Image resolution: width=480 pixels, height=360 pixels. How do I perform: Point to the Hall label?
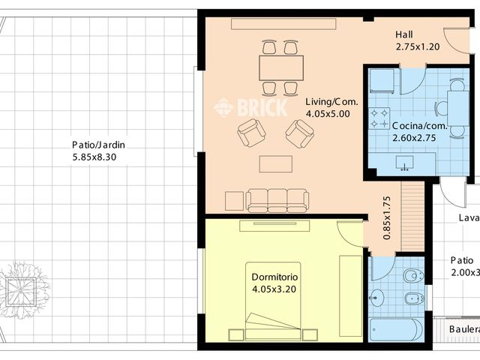(x=404, y=35)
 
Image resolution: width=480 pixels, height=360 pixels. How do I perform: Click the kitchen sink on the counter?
(x=407, y=162)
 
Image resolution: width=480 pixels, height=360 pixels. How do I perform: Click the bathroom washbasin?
(x=376, y=298)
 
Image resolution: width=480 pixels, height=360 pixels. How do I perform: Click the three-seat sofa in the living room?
(x=277, y=199)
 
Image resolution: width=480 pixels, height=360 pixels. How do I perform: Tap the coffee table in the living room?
(x=276, y=163)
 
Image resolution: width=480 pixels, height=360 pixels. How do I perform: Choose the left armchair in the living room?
(x=251, y=133)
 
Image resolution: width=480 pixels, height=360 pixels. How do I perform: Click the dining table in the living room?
(x=281, y=68)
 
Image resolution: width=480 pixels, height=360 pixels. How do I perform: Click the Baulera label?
(x=463, y=329)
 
